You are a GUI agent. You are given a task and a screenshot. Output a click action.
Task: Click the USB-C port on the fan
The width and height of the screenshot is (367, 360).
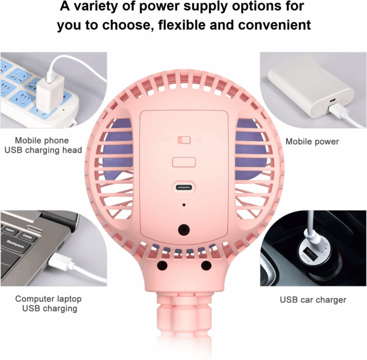click(184, 188)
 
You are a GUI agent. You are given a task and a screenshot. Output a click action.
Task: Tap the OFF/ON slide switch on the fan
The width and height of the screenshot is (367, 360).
click(184, 140)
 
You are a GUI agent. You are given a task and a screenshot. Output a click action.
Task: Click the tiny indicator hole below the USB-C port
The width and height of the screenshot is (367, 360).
click(184, 205)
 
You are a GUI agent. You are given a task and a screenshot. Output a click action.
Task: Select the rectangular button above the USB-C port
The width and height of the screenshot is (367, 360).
click(184, 162)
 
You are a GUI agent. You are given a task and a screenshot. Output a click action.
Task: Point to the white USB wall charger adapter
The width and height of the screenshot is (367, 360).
click(50, 94)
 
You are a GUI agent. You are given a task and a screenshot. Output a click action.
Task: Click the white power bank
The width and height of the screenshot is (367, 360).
click(311, 87)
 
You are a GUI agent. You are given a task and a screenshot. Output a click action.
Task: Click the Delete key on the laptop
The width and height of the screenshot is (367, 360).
click(28, 237)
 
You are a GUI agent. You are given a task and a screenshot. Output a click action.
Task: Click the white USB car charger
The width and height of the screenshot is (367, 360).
click(313, 251)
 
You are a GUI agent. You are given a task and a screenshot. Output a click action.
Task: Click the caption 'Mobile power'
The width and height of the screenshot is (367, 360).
click(312, 141)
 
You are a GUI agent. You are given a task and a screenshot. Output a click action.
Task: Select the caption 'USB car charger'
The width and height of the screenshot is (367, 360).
click(313, 300)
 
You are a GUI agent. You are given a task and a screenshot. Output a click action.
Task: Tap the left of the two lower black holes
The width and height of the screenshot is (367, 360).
click(163, 265)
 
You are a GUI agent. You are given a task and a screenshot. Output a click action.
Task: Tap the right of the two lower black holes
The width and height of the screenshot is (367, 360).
click(206, 265)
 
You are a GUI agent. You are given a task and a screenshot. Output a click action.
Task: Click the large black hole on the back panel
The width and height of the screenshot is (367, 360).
click(184, 230)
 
